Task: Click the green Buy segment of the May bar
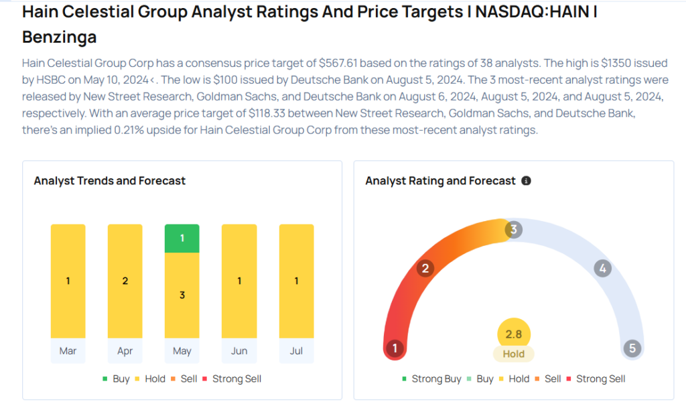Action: [182, 238]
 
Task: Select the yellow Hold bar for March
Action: [68, 281]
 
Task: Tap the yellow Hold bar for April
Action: [125, 281]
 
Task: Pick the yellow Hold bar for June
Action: [239, 281]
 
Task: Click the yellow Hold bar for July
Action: [296, 281]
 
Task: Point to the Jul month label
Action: [296, 351]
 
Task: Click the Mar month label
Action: [68, 351]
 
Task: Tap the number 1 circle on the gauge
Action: [395, 348]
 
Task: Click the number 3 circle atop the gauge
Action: [513, 230]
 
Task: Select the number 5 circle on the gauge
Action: [631, 348]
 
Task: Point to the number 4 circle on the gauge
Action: [603, 269]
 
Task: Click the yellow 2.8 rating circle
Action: [514, 334]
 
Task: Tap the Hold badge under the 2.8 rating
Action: [514, 354]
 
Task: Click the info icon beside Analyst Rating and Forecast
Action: [526, 181]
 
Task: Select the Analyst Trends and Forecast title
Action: [110, 181]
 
